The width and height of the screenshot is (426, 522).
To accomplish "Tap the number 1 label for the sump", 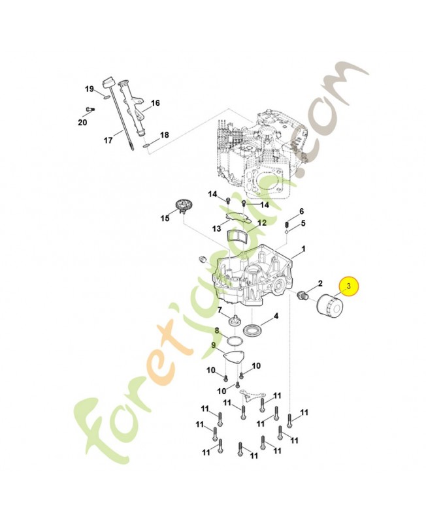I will coord(303,251).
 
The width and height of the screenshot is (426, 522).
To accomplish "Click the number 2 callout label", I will coord(320,283).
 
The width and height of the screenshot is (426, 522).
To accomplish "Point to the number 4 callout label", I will coord(276,316).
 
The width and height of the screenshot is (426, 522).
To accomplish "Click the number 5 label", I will coord(303,223).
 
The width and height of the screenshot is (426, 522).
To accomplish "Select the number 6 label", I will coord(301,211).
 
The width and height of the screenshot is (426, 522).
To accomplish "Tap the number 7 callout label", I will coord(220,310).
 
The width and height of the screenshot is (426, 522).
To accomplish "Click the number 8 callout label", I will coord(217,331).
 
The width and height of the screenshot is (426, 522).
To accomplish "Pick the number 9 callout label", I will coord(213,345).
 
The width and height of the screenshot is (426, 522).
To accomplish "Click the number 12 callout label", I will coord(261,223).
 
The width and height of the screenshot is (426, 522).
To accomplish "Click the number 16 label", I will coord(155,103).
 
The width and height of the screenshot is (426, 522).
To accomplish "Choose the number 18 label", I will coord(164,135).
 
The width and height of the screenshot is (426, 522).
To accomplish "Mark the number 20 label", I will coord(82,122).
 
